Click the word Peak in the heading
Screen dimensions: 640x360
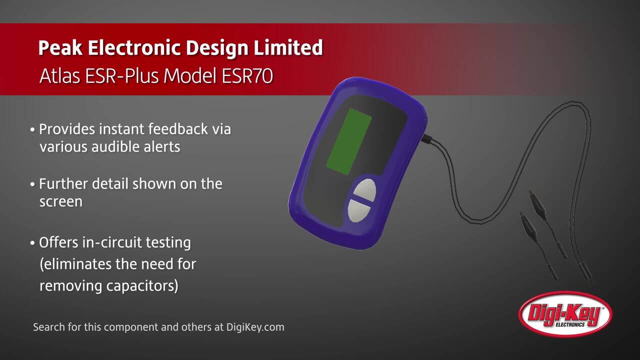point(60,47)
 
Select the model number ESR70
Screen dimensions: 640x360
point(247,76)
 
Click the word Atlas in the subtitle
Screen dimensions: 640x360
point(59,76)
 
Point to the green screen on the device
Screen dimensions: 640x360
point(349,141)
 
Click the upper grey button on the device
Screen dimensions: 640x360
point(365,191)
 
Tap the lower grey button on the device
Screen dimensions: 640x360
point(359,211)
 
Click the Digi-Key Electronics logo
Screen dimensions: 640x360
point(565,314)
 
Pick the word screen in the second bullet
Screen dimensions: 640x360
point(61,202)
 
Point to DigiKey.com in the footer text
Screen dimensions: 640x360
point(255,327)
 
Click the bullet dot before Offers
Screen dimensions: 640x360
point(32,243)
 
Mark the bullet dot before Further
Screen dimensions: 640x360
point(32,184)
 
